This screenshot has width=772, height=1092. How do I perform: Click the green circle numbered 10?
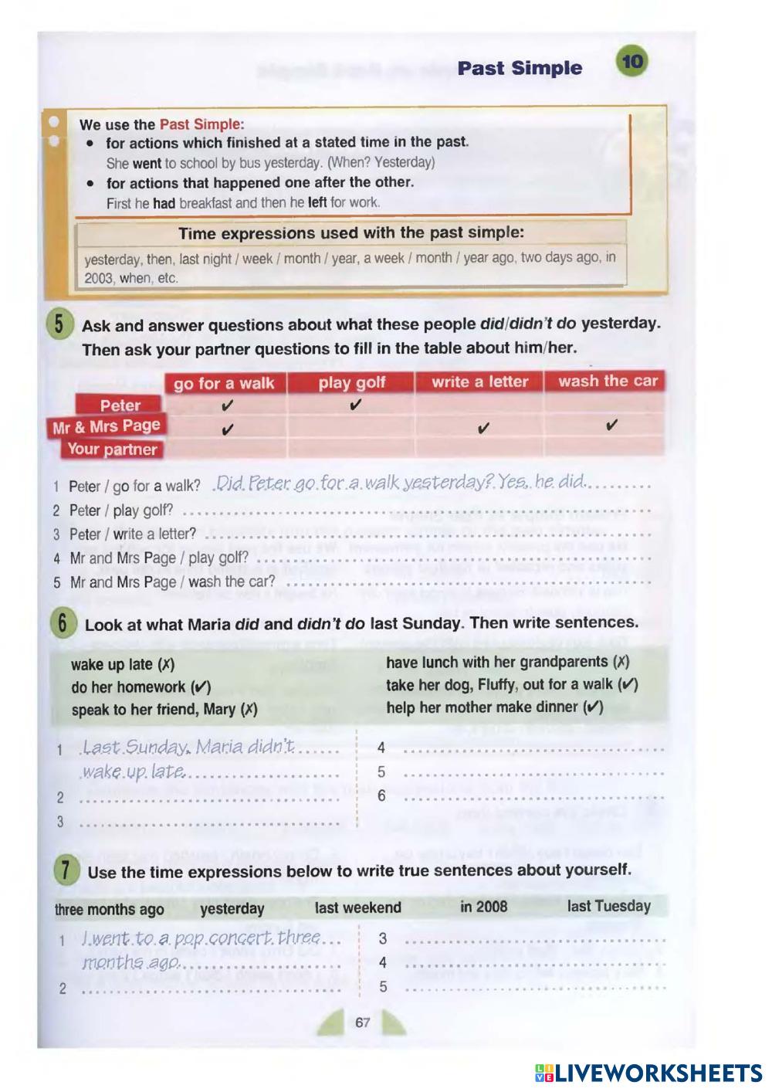632,63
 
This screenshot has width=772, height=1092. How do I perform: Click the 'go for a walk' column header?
224,383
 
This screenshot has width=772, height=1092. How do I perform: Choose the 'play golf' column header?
351,382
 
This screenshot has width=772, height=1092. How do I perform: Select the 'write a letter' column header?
479,382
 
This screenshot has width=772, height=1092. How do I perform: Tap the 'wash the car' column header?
608,381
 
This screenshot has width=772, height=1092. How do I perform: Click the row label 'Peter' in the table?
120,405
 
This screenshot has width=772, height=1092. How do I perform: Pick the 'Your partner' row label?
112,449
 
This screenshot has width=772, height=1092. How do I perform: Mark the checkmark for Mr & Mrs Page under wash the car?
611,425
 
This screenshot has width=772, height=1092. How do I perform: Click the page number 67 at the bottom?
362,1022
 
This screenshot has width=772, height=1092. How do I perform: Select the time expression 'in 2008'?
483,907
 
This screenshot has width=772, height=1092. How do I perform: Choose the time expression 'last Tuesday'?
608,906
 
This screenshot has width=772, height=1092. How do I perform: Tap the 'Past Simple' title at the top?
520,68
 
